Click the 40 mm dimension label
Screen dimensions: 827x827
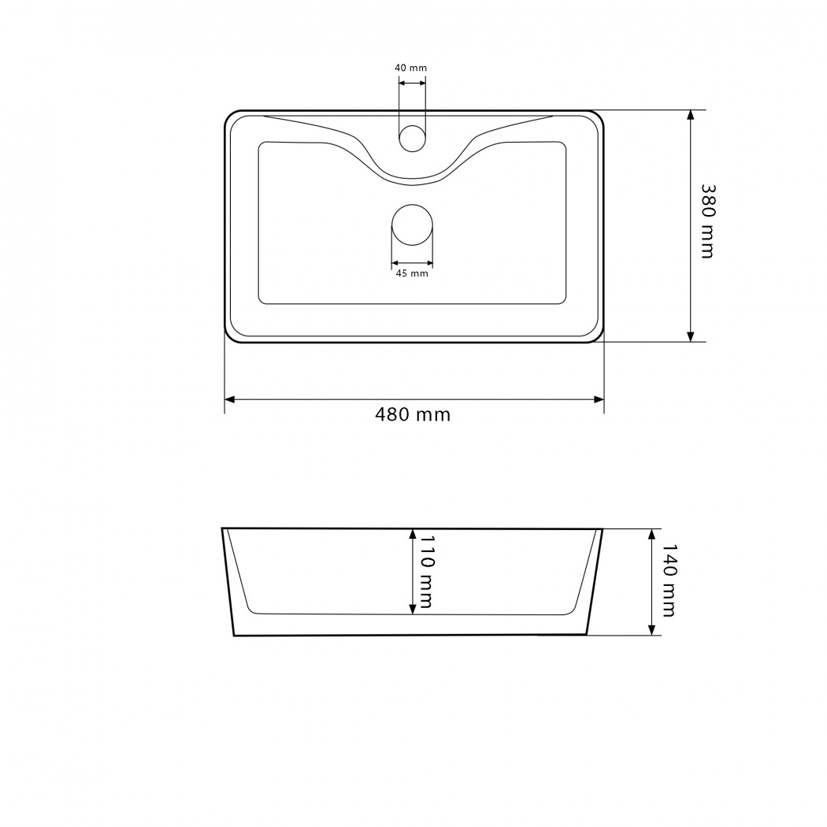pyautogui.click(x=410, y=68)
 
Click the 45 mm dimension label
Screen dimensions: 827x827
pyautogui.click(x=412, y=273)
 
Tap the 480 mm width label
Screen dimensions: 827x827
pyautogui.click(x=413, y=414)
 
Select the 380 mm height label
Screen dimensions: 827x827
pyautogui.click(x=707, y=221)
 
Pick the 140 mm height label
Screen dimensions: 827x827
pyautogui.click(x=668, y=580)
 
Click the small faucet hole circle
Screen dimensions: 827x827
pyautogui.click(x=412, y=139)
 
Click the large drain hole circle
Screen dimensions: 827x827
pyautogui.click(x=412, y=225)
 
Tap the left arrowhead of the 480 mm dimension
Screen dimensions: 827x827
pyautogui.click(x=229, y=399)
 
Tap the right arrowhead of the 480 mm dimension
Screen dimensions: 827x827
pyautogui.click(x=599, y=399)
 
